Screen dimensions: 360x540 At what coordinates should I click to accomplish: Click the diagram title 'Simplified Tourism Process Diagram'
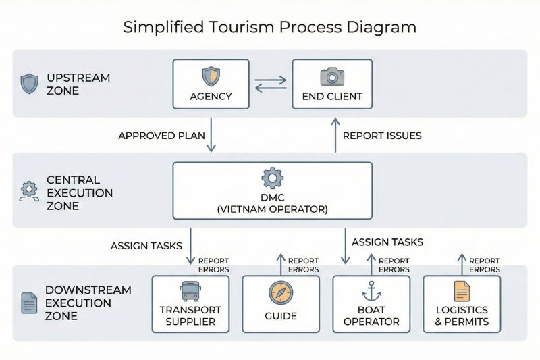point(269,27)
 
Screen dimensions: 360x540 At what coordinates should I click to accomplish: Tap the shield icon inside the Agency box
point(211,76)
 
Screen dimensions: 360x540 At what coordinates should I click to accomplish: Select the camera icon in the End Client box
point(331,75)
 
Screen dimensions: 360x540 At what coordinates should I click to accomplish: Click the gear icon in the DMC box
point(272,178)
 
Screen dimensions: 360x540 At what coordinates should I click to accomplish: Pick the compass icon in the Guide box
point(280,292)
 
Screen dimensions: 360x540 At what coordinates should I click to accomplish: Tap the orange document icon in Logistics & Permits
point(462,291)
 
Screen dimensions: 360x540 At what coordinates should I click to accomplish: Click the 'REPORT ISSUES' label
point(382,136)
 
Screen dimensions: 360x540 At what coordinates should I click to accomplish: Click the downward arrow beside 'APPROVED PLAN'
point(211,134)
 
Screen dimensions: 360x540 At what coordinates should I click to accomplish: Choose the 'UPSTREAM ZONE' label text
point(78,84)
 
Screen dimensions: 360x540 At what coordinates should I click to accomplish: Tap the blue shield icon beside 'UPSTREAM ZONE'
point(30,84)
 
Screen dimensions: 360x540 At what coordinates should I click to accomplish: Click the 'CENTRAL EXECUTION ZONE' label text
point(79,192)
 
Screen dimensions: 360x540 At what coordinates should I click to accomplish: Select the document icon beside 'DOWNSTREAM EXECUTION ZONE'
point(29,303)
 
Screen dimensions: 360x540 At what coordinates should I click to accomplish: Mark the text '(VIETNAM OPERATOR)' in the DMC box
point(272,209)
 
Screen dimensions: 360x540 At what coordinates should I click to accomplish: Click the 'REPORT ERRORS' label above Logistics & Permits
point(484,265)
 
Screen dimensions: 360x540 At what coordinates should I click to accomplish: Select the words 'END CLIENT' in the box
point(331,97)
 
